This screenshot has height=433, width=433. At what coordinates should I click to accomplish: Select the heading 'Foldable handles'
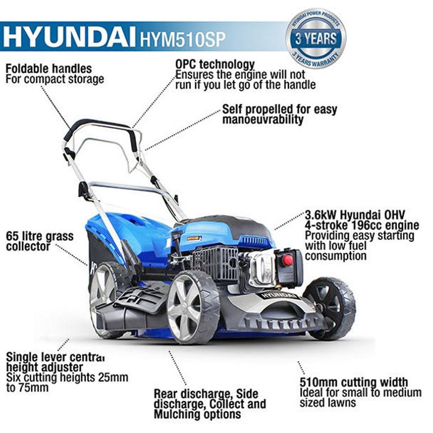49,68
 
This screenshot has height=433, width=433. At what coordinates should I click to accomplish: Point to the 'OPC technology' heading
215,65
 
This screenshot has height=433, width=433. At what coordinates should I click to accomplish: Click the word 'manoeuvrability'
263,120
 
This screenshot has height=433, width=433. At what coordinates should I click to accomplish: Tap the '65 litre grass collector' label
40,241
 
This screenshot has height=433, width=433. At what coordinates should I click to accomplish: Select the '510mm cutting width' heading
354,382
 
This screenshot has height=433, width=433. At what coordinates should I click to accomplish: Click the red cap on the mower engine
288,260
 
